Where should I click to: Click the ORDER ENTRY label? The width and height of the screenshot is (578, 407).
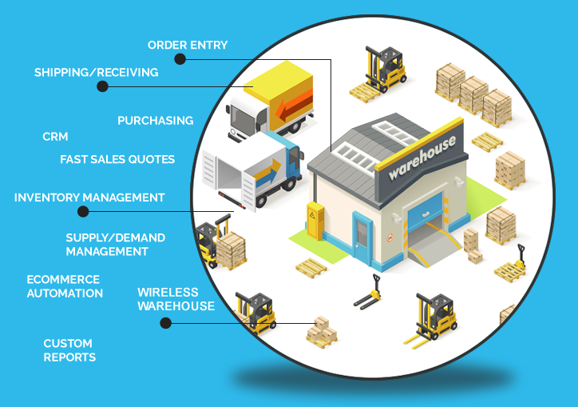click(x=188, y=45)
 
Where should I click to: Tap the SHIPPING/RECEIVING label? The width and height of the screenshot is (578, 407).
click(x=97, y=73)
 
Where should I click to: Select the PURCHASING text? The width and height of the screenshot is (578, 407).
click(x=155, y=121)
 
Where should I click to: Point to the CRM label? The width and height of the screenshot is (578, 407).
click(x=55, y=137)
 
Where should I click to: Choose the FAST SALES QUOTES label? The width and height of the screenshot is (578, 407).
click(x=117, y=159)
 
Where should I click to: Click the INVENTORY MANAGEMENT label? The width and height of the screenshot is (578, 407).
click(x=89, y=198)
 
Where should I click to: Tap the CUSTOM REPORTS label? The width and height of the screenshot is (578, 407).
click(x=69, y=350)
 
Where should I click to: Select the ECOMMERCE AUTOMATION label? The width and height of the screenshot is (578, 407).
click(x=65, y=286)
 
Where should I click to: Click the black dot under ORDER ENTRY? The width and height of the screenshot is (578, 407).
click(x=180, y=58)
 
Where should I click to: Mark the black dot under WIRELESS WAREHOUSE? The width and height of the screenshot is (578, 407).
click(x=165, y=323)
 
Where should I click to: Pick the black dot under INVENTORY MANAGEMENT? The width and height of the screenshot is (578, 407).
click(x=83, y=212)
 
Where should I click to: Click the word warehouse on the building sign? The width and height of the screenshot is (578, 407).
click(x=422, y=158)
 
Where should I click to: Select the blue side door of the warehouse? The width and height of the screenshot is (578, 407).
click(x=362, y=236)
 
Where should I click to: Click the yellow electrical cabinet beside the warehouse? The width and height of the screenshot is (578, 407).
click(x=315, y=221)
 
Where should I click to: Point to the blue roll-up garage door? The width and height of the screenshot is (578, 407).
click(x=425, y=209)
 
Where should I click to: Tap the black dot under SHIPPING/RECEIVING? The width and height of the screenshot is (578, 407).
click(x=102, y=86)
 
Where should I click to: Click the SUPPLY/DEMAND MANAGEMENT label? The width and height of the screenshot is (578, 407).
click(x=116, y=245)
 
